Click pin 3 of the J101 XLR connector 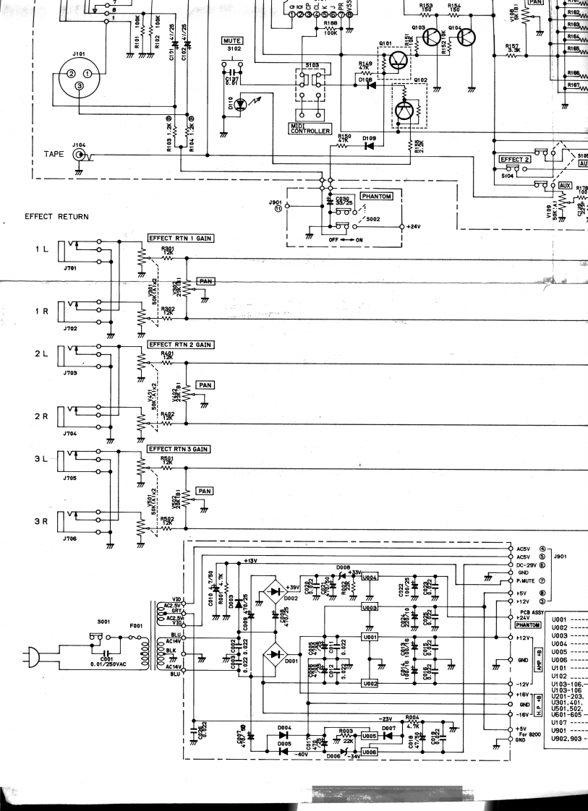(x=80, y=87)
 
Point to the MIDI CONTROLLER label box (x=310, y=129)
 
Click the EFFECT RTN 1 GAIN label (x=182, y=239)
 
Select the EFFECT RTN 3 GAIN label (x=179, y=449)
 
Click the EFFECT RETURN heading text (x=56, y=216)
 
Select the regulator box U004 (x=370, y=578)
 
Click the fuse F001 (x=133, y=638)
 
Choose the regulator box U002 (x=370, y=683)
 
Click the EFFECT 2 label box (x=515, y=159)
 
